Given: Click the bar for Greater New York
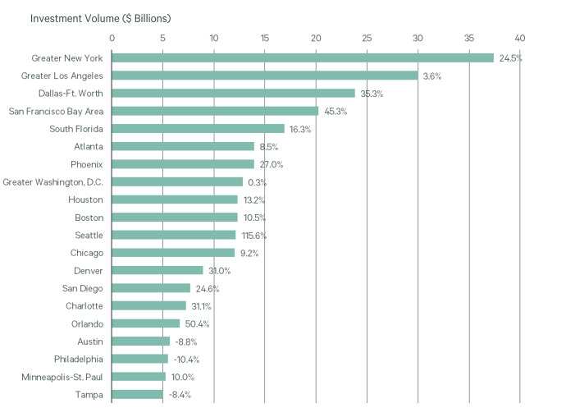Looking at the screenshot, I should [x=302, y=58].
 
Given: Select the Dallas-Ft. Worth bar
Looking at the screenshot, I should [x=233, y=94].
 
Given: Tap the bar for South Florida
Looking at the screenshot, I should [x=198, y=129].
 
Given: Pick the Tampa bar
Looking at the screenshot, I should [x=137, y=395].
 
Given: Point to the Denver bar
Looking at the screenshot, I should [x=157, y=270].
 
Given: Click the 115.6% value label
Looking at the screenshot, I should [x=253, y=236].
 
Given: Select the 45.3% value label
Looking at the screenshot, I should [x=335, y=112].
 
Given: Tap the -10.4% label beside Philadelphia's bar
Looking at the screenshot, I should [x=186, y=360].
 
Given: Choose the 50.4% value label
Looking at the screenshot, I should [x=198, y=324].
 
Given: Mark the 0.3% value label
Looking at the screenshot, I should [x=257, y=182].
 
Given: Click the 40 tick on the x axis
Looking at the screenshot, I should [x=519, y=38].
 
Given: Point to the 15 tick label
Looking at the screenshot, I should [x=264, y=38].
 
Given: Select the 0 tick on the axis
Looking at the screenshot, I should [x=112, y=38].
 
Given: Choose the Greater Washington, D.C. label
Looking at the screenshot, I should [x=53, y=181].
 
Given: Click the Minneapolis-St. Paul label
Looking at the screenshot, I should [x=62, y=377].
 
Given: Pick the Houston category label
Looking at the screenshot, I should [x=86, y=199].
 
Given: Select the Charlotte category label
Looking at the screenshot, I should [x=84, y=306].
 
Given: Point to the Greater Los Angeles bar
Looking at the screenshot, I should [x=264, y=76].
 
